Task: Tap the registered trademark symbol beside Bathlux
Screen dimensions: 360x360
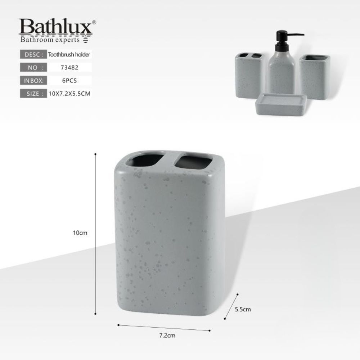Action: tap(94, 22)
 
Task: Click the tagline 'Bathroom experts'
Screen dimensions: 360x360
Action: tap(50, 40)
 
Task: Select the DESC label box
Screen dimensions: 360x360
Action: tap(33, 54)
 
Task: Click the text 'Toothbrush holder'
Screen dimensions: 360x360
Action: tap(69, 54)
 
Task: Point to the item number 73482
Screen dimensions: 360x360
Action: tap(69, 68)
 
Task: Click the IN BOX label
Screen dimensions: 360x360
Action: tap(33, 81)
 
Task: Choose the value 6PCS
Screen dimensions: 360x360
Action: tap(69, 81)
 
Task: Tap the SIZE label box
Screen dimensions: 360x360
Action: tap(33, 94)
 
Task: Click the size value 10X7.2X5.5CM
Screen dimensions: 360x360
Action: tap(69, 94)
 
